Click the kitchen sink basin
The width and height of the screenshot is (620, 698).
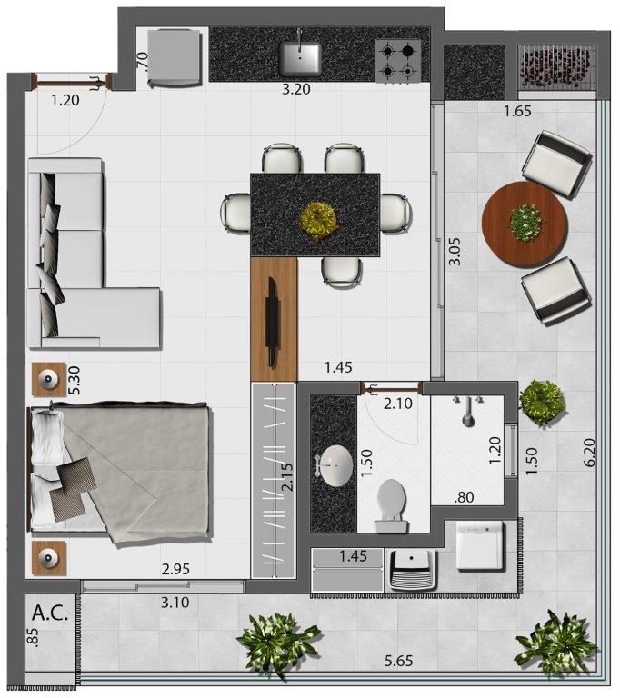(300, 58)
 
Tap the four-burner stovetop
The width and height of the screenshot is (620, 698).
(398, 62)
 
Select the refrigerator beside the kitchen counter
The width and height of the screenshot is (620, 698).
(175, 57)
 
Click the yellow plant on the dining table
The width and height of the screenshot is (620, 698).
(317, 220)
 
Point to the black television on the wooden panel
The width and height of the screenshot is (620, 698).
(272, 322)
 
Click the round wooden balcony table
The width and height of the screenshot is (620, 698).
(525, 224)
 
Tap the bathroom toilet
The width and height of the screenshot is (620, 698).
(392, 505)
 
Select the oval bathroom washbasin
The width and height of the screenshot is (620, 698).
(335, 466)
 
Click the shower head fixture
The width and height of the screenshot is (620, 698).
(467, 411)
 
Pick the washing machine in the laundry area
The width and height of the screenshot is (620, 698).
(480, 545)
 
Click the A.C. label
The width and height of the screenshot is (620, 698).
(50, 613)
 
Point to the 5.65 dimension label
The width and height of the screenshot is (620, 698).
(398, 661)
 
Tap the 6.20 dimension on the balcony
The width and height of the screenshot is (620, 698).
(589, 453)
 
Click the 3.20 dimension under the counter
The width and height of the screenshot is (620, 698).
(296, 89)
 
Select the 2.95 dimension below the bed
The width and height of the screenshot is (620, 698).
(175, 569)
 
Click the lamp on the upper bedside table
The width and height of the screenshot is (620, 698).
(47, 380)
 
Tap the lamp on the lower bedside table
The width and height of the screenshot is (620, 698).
(47, 557)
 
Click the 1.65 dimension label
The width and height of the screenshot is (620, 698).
(517, 111)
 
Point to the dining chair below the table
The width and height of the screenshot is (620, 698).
(342, 271)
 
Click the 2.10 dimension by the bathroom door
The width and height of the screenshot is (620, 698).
(398, 404)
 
